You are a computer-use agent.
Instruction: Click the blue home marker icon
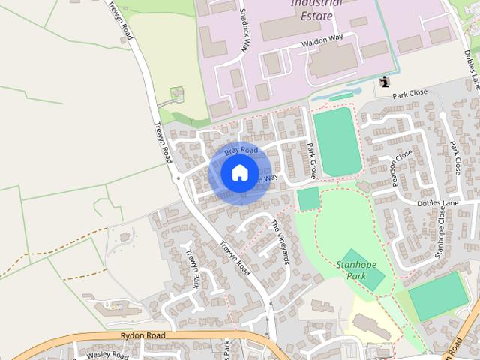(238, 172)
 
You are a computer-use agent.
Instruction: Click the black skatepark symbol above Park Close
(385, 81)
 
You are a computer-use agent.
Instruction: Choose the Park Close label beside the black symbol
(409, 93)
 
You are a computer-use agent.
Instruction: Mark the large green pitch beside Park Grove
(334, 141)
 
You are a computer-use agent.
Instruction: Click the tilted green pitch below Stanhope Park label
(362, 270)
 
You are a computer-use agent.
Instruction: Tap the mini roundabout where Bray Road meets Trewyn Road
(178, 179)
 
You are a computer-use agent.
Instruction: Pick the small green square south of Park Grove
(307, 199)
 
